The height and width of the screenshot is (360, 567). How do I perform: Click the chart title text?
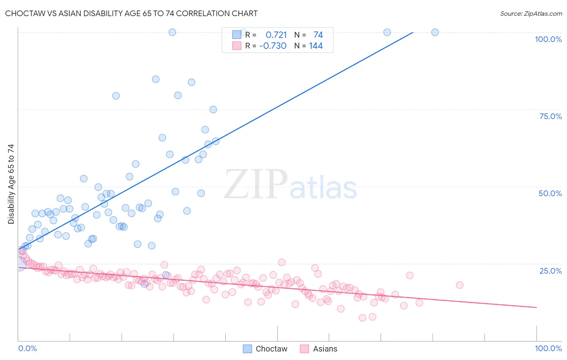(131, 13)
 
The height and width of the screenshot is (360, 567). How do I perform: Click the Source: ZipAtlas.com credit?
(531, 13)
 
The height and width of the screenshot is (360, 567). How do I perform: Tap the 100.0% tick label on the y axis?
(548, 39)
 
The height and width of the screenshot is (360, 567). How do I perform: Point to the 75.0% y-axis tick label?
(550, 116)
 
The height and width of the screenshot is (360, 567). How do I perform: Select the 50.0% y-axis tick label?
(550, 193)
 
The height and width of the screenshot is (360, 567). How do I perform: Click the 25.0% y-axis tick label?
(550, 270)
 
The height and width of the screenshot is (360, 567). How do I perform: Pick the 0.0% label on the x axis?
(27, 348)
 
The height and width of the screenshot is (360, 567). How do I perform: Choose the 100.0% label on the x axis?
(548, 348)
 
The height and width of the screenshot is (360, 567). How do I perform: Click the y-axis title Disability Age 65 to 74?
(11, 184)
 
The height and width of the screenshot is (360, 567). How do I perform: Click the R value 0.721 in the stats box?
(276, 35)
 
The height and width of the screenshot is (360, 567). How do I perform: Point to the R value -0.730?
(273, 46)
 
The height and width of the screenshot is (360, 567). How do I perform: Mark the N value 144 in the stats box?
(316, 46)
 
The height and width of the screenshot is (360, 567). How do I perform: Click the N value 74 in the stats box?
(318, 35)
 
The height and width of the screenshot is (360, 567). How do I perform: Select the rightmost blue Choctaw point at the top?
(435, 32)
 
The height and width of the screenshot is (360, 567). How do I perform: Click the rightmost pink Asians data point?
(459, 285)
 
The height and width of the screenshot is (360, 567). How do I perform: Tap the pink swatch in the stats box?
(237, 46)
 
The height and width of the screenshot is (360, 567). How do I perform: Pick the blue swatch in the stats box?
(237, 35)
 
